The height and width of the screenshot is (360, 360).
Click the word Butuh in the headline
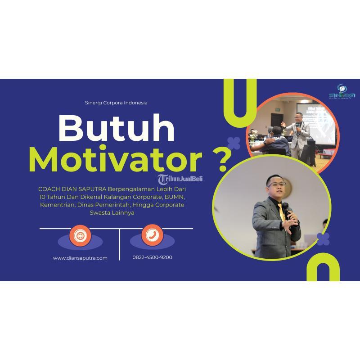coord(117,129)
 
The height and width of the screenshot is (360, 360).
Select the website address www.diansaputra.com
coord(80,258)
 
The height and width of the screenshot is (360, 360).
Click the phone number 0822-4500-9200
coord(152,257)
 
